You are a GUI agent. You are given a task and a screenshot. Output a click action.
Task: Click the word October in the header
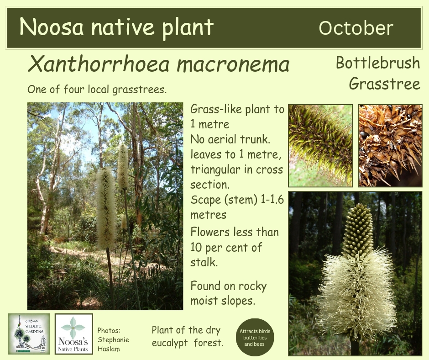pyautogui.click(x=356, y=28)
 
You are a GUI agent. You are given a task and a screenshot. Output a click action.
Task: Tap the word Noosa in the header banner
pyautogui.click(x=52, y=26)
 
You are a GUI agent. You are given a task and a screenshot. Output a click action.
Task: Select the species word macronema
pyautogui.click(x=233, y=64)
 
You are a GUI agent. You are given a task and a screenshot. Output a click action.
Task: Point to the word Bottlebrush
pyautogui.click(x=378, y=63)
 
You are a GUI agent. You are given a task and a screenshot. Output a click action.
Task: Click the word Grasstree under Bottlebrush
pyautogui.click(x=384, y=83)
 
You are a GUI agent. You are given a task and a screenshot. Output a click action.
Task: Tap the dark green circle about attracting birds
pyautogui.click(x=255, y=337)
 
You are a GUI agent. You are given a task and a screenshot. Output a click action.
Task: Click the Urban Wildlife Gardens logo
pyautogui.click(x=29, y=334)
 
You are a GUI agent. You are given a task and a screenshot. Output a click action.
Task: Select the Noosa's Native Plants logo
pyautogui.click(x=74, y=334)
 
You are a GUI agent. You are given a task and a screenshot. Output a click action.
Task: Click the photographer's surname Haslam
pyautogui.click(x=109, y=349)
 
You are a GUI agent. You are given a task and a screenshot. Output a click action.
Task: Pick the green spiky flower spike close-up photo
pyautogui.click(x=320, y=146)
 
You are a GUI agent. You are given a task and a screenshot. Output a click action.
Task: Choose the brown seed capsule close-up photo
pyautogui.click(x=390, y=146)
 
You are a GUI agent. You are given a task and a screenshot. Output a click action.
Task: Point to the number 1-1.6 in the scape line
pyautogui.click(x=272, y=200)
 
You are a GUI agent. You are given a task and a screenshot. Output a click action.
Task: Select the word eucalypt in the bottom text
pyautogui.click(x=170, y=343)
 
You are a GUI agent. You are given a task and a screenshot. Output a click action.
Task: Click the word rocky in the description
pyautogui.click(x=252, y=286)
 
